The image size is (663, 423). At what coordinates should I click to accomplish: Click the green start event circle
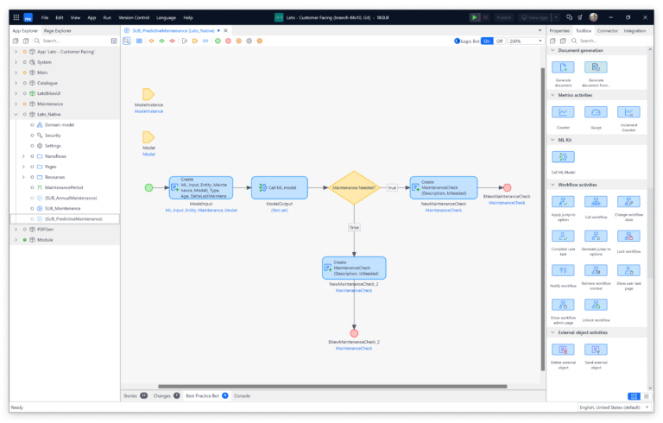(x=148, y=187)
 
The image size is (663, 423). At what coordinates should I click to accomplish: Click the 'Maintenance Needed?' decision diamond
(x=354, y=186)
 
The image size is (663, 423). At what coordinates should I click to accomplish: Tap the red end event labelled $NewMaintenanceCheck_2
(x=354, y=332)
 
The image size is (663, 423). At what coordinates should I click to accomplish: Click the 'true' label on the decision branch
(x=391, y=187)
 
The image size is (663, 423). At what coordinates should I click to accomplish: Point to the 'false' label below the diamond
(x=354, y=227)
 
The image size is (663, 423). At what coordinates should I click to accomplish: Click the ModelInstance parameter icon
(x=148, y=94)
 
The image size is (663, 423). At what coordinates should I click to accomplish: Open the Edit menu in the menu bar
(x=59, y=17)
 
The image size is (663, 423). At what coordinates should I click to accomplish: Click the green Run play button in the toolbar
(x=474, y=17)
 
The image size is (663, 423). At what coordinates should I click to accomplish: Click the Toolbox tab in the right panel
(x=583, y=30)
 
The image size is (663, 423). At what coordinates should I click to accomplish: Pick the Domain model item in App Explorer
(x=60, y=124)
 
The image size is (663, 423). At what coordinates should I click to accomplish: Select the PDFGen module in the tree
(x=44, y=229)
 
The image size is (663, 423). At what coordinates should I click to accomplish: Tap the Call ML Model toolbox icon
(x=563, y=157)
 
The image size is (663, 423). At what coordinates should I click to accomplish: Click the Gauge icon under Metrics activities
(x=596, y=112)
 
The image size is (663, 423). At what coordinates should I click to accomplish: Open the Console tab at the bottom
(x=242, y=395)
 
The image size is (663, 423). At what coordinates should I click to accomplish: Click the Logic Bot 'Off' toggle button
(x=499, y=41)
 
